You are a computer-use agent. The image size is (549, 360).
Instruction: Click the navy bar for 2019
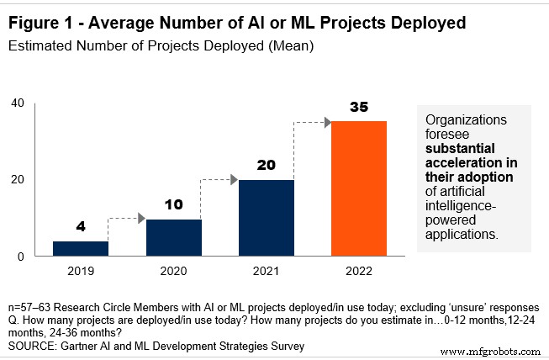click(x=80, y=248)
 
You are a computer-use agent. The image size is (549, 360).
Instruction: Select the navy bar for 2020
click(x=173, y=237)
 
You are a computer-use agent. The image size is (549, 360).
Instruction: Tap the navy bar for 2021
click(x=266, y=218)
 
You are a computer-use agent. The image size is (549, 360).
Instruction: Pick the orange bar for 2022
click(x=358, y=188)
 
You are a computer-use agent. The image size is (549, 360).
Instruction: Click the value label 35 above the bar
click(x=358, y=108)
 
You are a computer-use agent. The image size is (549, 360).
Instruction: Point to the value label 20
click(x=266, y=167)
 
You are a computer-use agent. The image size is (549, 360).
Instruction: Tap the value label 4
click(x=80, y=227)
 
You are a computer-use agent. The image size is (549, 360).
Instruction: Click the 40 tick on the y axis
click(x=17, y=103)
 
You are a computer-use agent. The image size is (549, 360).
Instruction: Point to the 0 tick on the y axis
click(x=21, y=256)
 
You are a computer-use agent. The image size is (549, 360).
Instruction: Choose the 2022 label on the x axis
click(x=358, y=272)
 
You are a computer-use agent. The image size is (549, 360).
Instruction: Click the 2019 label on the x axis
click(x=80, y=272)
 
